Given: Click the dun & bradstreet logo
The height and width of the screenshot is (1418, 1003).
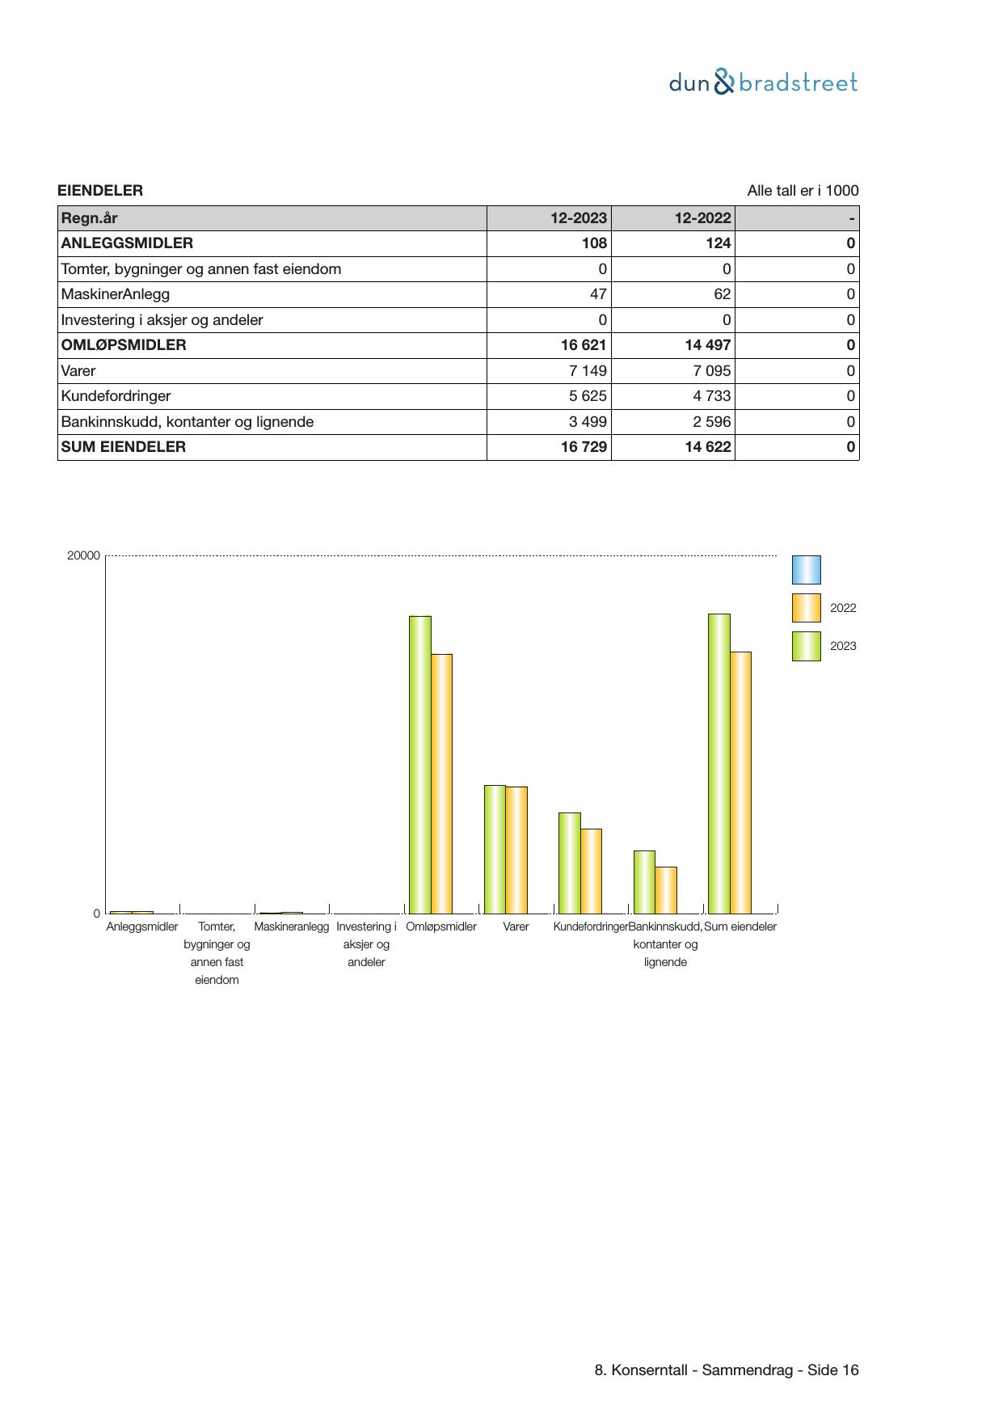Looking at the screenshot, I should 763,82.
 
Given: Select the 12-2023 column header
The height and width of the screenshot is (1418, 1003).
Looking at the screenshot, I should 578,218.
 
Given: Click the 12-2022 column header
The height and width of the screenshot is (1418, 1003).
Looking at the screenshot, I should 702,218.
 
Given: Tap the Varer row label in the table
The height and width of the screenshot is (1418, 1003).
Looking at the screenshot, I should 78,371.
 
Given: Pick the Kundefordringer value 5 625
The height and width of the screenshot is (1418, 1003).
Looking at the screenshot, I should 588,396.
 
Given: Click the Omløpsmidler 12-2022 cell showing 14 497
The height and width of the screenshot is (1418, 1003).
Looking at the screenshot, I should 708,345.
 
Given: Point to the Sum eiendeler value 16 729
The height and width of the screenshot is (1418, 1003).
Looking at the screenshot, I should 584,447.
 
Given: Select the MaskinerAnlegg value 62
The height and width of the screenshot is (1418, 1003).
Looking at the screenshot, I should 722,294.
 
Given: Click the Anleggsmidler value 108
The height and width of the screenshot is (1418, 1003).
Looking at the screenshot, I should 594,243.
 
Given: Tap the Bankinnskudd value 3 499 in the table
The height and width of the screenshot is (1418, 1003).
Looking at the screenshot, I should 588,422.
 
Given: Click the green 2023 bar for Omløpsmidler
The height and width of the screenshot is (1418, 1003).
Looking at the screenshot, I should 419,764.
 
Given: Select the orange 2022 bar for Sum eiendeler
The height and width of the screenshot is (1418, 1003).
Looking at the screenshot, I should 740,782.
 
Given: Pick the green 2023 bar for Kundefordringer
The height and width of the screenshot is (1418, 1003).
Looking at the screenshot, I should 569,863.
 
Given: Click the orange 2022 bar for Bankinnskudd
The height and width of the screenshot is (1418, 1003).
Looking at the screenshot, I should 666,889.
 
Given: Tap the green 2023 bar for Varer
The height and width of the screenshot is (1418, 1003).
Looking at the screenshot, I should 495,849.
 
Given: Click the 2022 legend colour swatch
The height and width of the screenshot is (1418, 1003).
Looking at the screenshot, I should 806,608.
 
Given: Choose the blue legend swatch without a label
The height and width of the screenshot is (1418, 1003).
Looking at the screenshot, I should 806,570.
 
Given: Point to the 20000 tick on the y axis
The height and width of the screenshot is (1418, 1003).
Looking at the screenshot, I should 83,555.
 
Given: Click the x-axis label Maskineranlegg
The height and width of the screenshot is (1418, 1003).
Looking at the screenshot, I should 291,926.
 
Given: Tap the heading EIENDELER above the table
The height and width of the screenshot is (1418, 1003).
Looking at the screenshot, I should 100,191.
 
